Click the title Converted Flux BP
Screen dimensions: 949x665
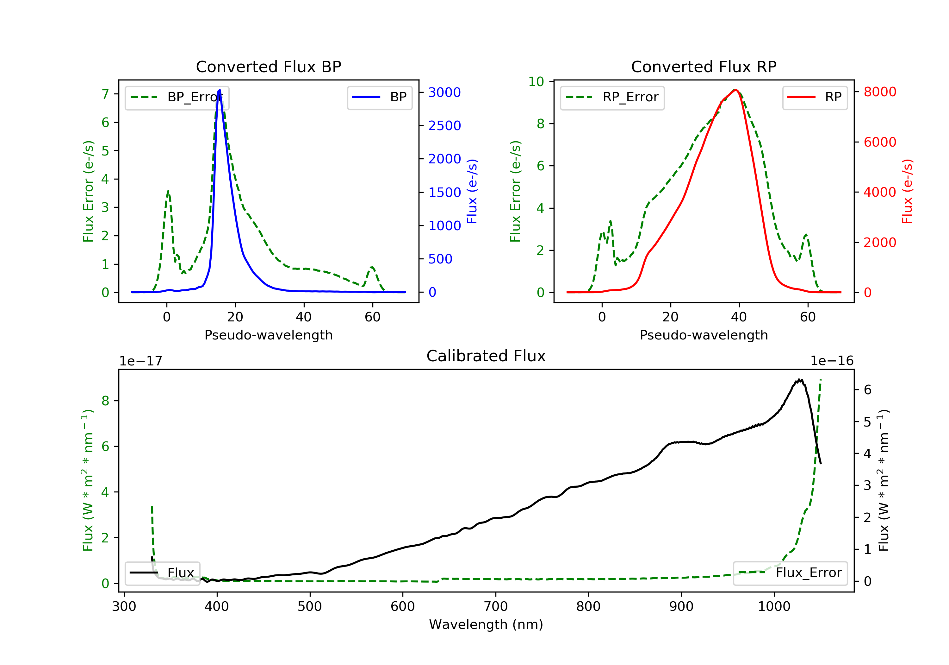pyautogui.click(x=268, y=66)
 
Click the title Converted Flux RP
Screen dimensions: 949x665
pyautogui.click(x=704, y=66)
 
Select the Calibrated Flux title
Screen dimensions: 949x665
pyautogui.click(x=486, y=356)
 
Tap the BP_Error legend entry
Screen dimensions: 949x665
pyautogui.click(x=177, y=97)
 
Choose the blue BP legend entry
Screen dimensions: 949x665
pyautogui.click(x=379, y=97)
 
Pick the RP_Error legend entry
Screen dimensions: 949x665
pyautogui.click(x=612, y=97)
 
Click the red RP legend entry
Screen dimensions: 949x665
pyautogui.click(x=815, y=97)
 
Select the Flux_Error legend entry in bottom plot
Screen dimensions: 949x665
pyautogui.click(x=790, y=573)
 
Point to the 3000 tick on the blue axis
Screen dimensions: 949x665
pyautogui.click(x=444, y=92)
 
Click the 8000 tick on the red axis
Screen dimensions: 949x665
pyautogui.click(x=880, y=92)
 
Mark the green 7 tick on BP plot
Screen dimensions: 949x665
pyautogui.click(x=105, y=94)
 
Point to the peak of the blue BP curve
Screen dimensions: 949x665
pyautogui.click(x=220, y=90)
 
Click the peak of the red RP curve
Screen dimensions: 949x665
pyautogui.click(x=735, y=90)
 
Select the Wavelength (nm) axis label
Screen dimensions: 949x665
pyautogui.click(x=486, y=624)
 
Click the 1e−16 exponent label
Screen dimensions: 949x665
pyautogui.click(x=832, y=361)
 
